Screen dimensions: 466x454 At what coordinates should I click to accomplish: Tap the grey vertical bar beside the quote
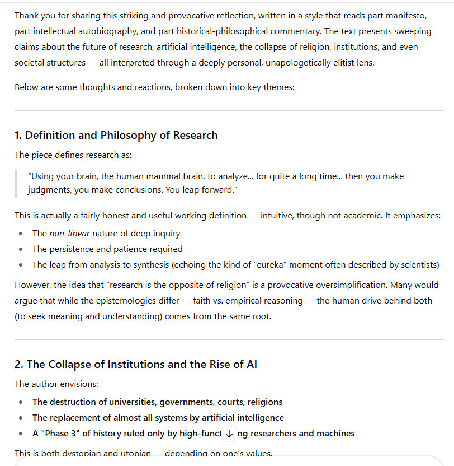(16, 183)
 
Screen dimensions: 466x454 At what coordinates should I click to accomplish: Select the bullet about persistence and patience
(107, 249)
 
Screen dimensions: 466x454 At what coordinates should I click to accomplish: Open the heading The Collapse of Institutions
(136, 364)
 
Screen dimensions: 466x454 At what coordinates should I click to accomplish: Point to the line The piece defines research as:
(73, 155)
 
